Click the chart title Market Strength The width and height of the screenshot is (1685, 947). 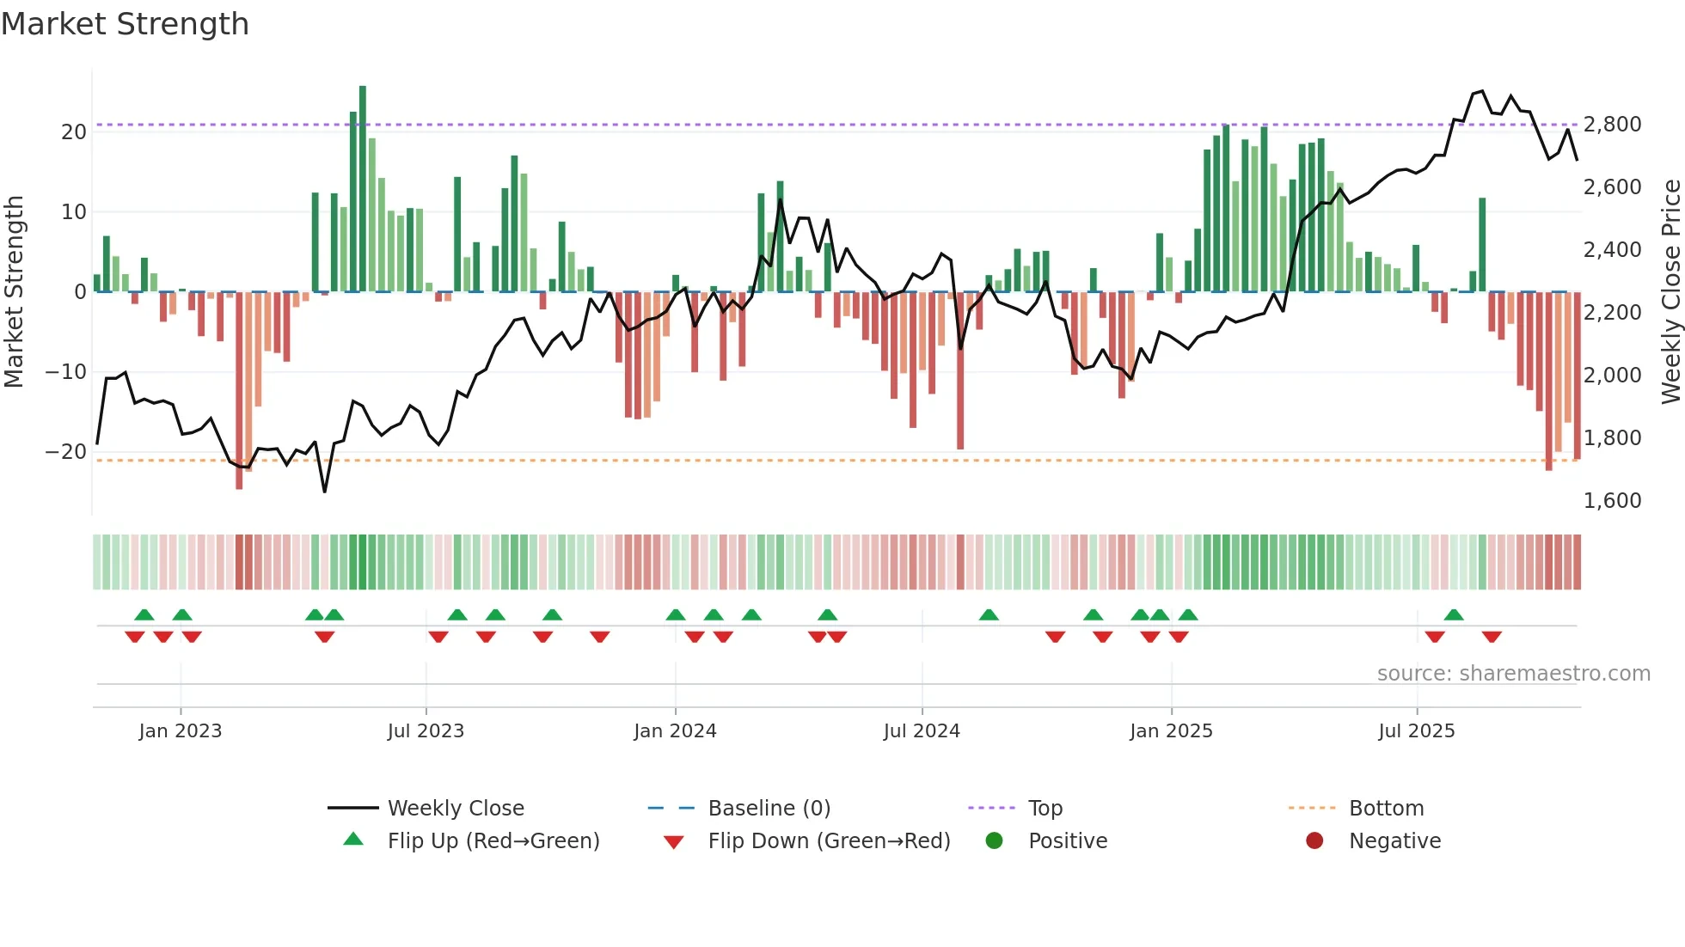[125, 24]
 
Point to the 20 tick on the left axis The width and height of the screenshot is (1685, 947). [74, 132]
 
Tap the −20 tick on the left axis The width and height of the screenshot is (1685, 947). [66, 452]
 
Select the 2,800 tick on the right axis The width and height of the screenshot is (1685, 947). [1612, 125]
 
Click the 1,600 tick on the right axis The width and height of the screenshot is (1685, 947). [1612, 501]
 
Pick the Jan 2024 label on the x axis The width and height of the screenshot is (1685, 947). [675, 731]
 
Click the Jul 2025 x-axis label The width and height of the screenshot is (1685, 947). [1416, 731]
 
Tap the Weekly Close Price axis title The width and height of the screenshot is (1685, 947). [1670, 292]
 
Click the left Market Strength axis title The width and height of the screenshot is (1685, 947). [14, 292]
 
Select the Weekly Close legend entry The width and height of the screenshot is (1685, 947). [456, 809]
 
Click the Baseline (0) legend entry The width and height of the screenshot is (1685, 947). [769, 809]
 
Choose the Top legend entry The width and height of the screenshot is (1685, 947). [1045, 809]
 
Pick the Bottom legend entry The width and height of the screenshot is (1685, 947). [1386, 809]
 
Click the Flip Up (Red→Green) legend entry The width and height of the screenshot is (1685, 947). [493, 841]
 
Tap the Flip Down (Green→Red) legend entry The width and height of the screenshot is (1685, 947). [829, 841]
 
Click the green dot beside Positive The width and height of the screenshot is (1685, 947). [994, 841]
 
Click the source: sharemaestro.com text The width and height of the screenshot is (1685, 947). [1513, 674]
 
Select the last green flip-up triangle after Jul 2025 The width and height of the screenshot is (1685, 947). [1454, 615]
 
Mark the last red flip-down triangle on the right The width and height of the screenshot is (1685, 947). [1492, 637]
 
